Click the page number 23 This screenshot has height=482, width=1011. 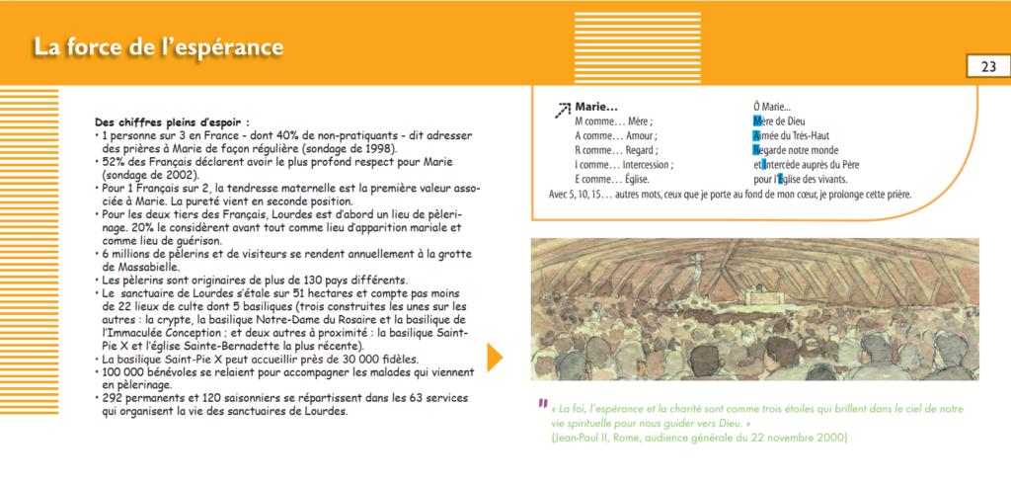tap(988, 67)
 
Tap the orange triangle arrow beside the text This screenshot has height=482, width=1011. tap(495, 357)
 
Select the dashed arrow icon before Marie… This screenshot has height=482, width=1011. tap(563, 111)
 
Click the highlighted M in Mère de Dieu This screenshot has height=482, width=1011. tap(757, 121)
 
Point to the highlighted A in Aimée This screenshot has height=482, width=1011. tap(756, 135)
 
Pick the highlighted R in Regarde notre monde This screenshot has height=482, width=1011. tap(756, 150)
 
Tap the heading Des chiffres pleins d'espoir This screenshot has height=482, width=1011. tap(172, 121)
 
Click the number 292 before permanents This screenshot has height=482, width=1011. tap(111, 398)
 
